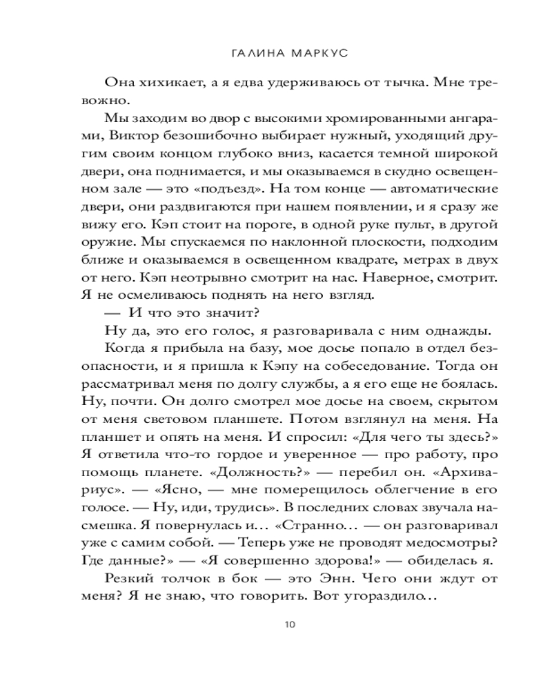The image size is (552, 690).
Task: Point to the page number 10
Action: (x=289, y=624)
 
